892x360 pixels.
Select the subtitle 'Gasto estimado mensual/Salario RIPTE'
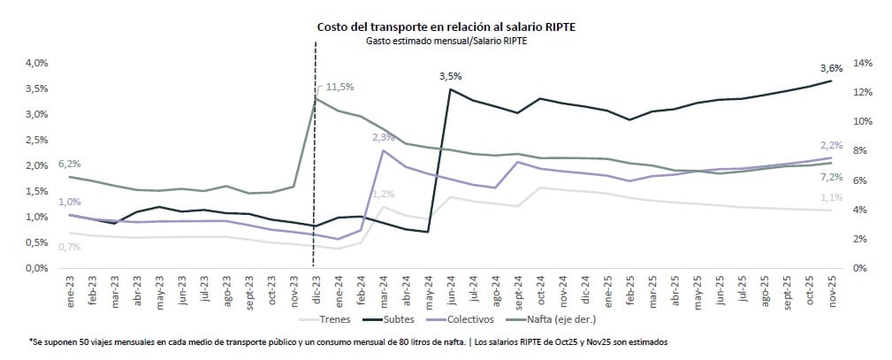tap(447, 41)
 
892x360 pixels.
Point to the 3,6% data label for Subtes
tap(832, 68)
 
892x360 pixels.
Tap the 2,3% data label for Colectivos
tap(384, 137)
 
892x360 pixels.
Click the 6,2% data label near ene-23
tap(69, 165)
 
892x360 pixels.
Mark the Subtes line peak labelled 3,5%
tap(451, 88)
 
